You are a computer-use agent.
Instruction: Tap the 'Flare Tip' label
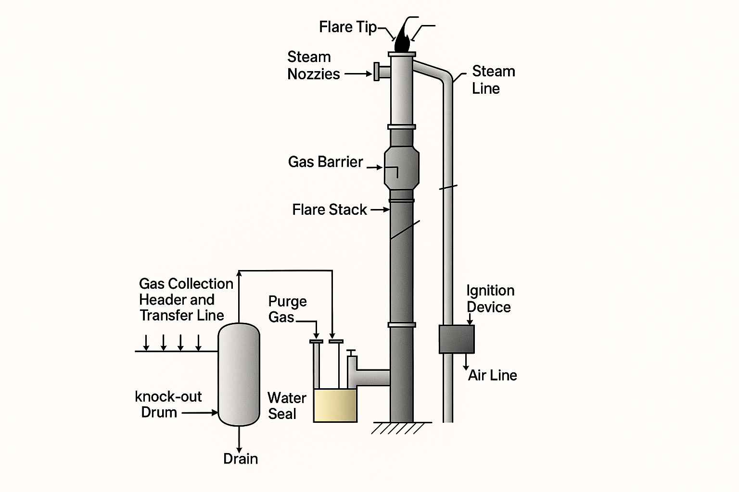348,27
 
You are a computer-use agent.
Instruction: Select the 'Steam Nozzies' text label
313,65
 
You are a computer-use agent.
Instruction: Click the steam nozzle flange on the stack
377,72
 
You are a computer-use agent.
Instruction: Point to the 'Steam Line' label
493,80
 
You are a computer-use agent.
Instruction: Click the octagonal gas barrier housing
402,168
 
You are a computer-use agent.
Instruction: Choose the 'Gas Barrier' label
325,162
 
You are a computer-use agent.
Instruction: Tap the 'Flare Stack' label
329,209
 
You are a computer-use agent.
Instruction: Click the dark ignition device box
457,339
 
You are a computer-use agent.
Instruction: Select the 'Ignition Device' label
490,298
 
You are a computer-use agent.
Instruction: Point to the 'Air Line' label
493,375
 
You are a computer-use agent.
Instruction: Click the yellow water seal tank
335,406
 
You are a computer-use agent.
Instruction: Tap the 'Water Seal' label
287,406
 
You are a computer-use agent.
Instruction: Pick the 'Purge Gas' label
287,309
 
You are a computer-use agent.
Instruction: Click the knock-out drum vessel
239,374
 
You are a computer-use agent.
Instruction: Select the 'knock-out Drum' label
168,405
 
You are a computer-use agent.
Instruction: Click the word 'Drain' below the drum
241,459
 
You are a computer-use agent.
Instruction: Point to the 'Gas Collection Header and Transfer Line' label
186,299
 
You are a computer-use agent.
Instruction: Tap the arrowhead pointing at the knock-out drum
215,413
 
